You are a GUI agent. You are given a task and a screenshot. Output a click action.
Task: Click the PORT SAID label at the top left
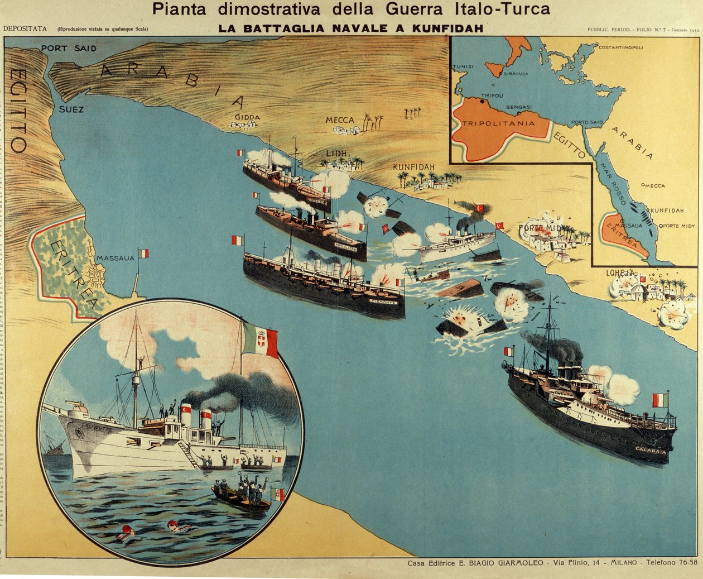coord(69,49)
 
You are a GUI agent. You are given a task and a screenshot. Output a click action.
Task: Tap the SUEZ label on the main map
coord(71,109)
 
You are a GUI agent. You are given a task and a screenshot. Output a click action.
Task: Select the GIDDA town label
coord(247,117)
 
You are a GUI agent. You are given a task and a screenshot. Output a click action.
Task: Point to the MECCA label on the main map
coord(340,120)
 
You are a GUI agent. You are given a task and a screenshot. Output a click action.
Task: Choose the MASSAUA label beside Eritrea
coord(115,258)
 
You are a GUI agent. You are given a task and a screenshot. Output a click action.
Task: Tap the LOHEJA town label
coord(620,273)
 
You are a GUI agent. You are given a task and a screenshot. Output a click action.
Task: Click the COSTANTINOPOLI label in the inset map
coord(620,47)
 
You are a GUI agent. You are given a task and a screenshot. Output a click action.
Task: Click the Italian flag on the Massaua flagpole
coord(143,253)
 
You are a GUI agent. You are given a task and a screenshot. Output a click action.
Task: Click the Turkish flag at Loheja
coord(642,279)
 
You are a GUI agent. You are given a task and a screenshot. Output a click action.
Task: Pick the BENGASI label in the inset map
coord(519,107)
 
